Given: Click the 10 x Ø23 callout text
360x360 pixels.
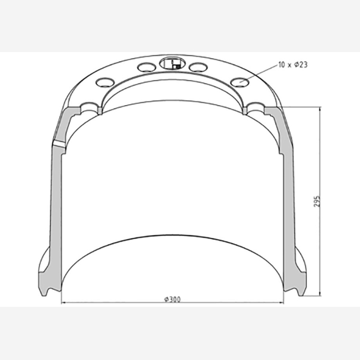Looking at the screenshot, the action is [x=293, y=65].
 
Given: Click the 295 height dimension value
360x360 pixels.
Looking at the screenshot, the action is [x=317, y=202].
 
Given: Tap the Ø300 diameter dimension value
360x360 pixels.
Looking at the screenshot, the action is [x=172, y=300].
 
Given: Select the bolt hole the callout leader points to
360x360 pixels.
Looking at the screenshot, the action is [x=240, y=82].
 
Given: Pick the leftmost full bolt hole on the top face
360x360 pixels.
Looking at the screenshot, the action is [x=105, y=82].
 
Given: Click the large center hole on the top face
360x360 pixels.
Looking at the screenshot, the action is [x=172, y=63].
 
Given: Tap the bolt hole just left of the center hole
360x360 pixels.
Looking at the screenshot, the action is [x=147, y=67].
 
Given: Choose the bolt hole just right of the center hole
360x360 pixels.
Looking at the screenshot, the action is [x=198, y=67].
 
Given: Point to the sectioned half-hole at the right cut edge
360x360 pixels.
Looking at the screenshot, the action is [x=255, y=108].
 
